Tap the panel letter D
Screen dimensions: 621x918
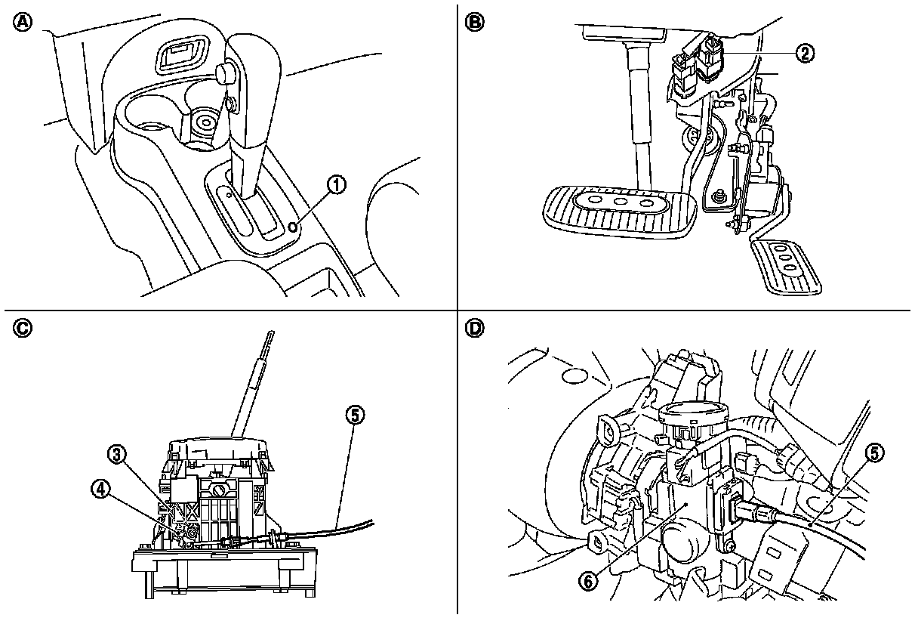(x=474, y=329)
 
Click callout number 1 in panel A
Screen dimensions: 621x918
(x=337, y=184)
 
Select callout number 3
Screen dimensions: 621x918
(x=116, y=454)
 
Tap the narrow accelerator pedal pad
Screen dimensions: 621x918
(x=785, y=265)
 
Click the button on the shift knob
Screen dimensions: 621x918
(x=223, y=73)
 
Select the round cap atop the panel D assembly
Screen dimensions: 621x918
(x=693, y=412)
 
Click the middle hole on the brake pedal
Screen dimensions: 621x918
(x=621, y=202)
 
